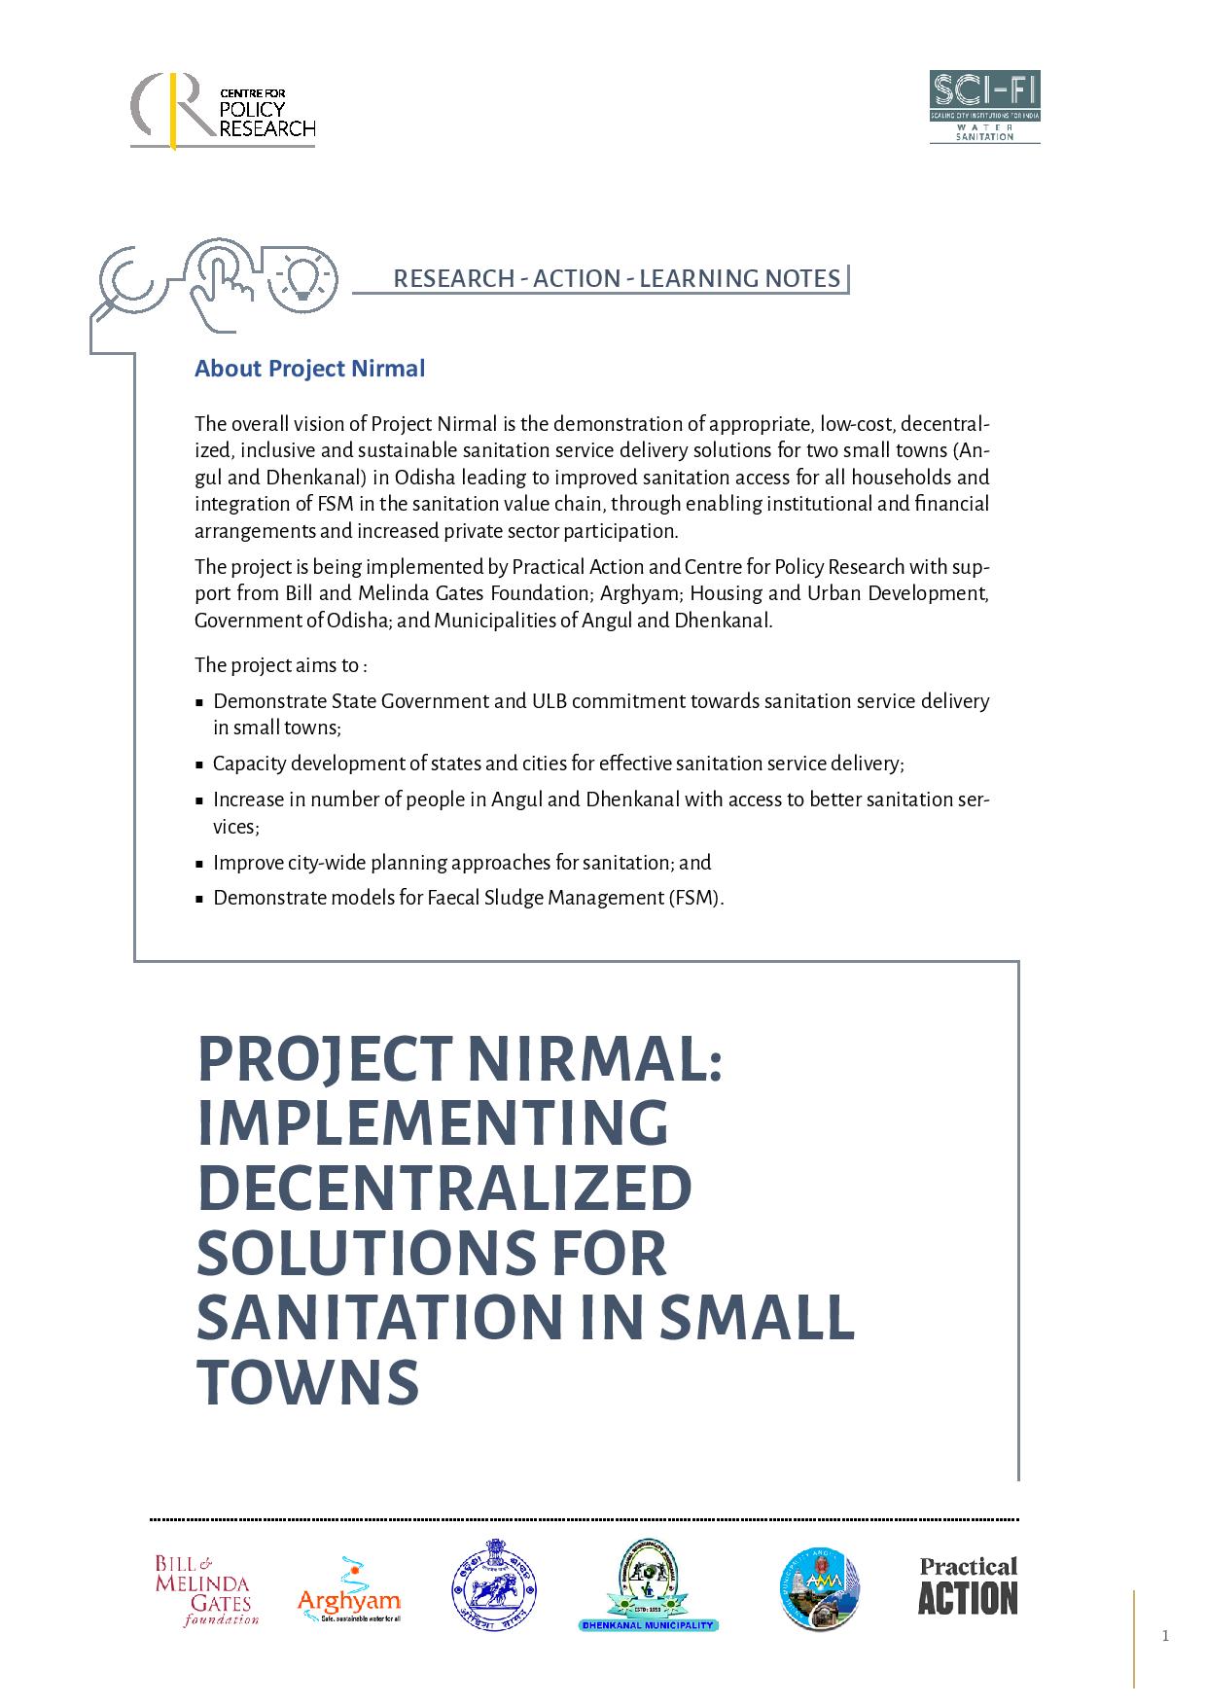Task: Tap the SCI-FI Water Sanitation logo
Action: (x=984, y=107)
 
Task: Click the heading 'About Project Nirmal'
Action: (x=309, y=369)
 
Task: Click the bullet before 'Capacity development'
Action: (x=199, y=764)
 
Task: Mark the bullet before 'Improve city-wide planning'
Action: (x=199, y=864)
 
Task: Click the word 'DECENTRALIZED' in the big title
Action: (x=444, y=1188)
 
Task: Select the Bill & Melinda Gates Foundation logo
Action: (x=206, y=1590)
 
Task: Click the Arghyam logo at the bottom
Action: (x=348, y=1591)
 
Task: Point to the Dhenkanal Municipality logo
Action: (x=647, y=1585)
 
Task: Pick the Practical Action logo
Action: (x=968, y=1586)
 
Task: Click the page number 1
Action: (x=1165, y=1636)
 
